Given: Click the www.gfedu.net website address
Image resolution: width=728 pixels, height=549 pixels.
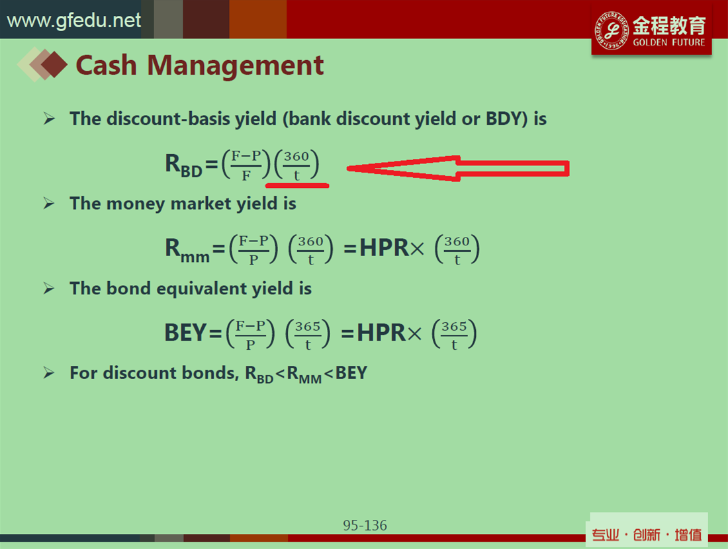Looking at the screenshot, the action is click(x=74, y=21).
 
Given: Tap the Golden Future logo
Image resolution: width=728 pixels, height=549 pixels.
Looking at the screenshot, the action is click(x=651, y=30).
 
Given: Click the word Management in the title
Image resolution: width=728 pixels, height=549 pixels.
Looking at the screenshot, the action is click(x=235, y=65).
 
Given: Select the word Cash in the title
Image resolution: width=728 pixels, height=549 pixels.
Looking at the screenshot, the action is click(x=107, y=65).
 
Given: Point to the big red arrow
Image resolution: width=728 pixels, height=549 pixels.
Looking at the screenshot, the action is click(x=458, y=168).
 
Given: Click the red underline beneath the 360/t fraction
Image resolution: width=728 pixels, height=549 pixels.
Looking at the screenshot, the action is click(x=297, y=186).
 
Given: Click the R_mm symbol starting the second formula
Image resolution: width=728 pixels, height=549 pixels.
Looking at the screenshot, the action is click(x=187, y=249).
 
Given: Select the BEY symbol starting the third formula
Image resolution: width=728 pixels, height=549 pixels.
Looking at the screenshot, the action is click(x=185, y=333).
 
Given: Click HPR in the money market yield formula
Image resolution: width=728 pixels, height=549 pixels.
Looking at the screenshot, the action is click(x=384, y=248).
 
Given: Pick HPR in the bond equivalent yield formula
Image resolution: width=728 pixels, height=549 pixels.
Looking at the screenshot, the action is click(x=381, y=333).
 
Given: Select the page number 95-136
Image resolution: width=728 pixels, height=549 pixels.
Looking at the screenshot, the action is click(x=365, y=525).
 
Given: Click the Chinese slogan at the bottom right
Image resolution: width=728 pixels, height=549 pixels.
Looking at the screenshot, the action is click(x=647, y=535).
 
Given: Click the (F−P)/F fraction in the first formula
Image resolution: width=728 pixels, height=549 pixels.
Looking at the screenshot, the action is click(x=246, y=165).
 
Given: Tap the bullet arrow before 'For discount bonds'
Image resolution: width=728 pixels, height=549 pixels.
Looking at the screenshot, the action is click(x=49, y=372).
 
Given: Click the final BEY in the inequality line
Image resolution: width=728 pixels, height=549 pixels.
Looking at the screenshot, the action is click(x=351, y=373).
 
